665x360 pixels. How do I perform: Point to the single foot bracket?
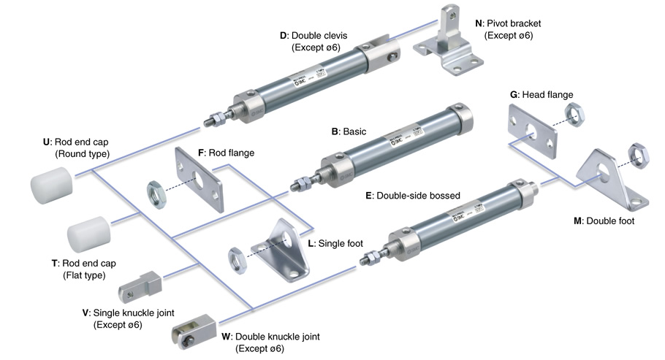click(281, 247)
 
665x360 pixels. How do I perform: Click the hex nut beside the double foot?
click(639, 155)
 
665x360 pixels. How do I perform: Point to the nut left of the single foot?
click(237, 256)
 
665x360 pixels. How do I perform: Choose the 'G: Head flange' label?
click(541, 94)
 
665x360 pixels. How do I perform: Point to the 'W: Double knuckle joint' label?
click(273, 337)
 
